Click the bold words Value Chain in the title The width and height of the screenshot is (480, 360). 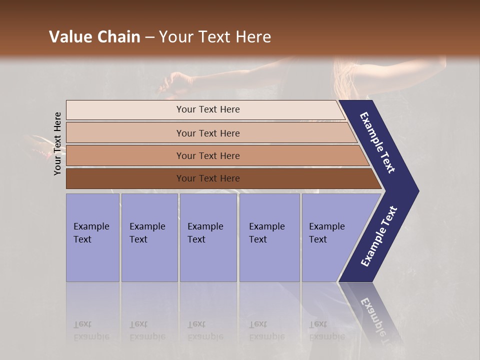pos(94,37)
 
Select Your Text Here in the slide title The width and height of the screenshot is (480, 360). pos(215,37)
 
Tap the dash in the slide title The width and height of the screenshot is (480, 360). pos(149,37)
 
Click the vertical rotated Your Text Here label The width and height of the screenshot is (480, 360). pos(57,143)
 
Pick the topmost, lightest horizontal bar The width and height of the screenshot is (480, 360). pos(207,109)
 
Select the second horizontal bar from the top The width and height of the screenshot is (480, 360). pos(208,133)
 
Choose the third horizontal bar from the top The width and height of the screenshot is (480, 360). pos(208,155)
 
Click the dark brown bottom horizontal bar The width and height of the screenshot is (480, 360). pos(208,178)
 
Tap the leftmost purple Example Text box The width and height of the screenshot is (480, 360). pos(92,237)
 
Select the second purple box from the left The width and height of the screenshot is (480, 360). pos(149,237)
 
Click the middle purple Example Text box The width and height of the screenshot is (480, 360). pos(208,237)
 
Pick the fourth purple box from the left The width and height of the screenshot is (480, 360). pos(269,237)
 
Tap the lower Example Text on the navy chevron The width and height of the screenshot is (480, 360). pos(379,236)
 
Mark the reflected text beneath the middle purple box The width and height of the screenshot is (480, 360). pos(205,330)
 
